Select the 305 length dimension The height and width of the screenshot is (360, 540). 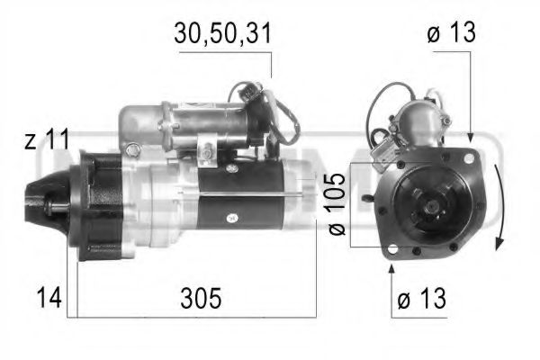[199, 297]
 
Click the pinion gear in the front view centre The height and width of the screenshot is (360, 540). [430, 208]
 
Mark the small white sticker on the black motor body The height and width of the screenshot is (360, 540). [231, 217]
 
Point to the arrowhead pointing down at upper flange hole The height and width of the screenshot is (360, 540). [469, 139]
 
